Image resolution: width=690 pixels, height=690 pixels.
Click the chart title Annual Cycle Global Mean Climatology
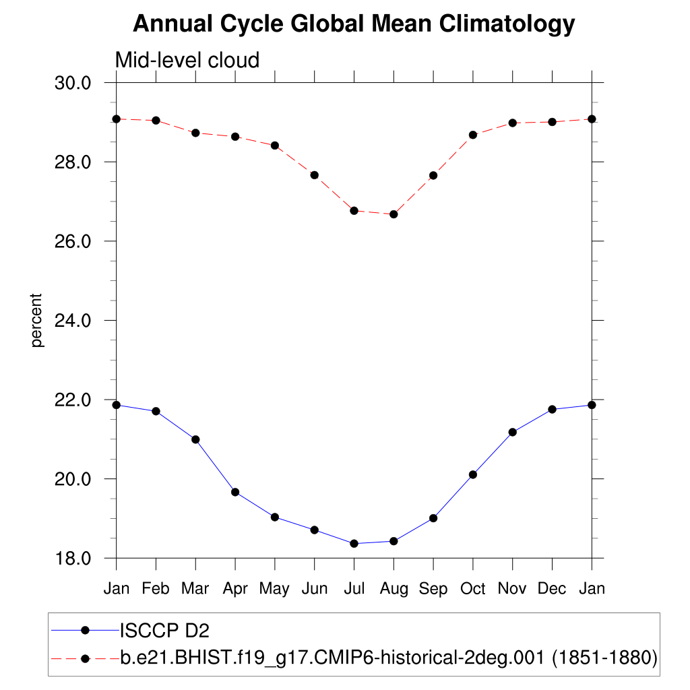(x=354, y=24)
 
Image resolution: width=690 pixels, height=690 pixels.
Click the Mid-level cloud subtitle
(x=187, y=60)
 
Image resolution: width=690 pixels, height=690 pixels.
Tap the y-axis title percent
(x=37, y=320)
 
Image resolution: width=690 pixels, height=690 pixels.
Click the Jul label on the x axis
(x=354, y=589)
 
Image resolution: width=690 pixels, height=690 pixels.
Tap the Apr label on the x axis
(x=235, y=589)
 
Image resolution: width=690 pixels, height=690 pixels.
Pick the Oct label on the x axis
(x=473, y=589)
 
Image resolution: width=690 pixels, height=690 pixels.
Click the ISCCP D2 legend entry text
(x=164, y=631)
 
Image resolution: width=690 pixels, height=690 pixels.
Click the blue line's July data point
(x=354, y=544)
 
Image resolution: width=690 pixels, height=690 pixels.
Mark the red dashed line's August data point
(x=394, y=214)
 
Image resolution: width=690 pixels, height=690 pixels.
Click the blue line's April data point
(x=235, y=492)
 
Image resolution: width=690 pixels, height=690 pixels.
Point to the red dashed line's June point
(x=314, y=175)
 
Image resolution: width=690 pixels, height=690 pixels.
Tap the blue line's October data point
(x=473, y=474)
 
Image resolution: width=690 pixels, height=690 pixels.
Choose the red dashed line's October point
(x=473, y=135)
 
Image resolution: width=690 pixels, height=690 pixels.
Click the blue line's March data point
(x=195, y=439)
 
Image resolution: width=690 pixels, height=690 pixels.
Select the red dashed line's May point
(x=275, y=146)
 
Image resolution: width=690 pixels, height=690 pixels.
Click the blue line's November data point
(x=512, y=432)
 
